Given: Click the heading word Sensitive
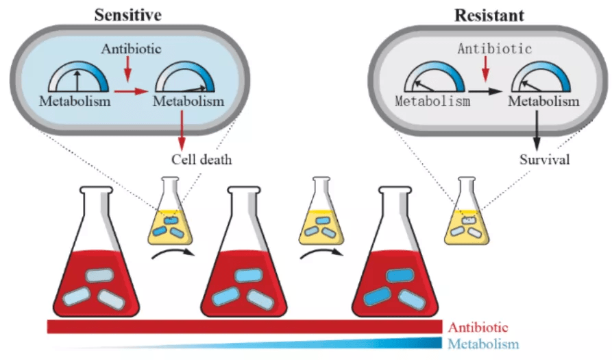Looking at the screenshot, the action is click(127, 15).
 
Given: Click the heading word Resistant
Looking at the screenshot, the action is click(489, 16).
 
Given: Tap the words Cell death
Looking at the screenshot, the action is click(201, 160).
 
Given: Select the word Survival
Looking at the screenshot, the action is click(544, 160).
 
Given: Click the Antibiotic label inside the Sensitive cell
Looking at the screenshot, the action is click(131, 49).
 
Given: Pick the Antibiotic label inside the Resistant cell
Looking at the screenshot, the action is click(495, 49).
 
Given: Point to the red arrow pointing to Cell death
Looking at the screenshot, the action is click(182, 130).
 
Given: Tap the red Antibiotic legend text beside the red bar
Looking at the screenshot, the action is click(478, 327).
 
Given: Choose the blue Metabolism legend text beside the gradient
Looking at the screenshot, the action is click(483, 344).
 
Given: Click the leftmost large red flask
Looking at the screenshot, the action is click(96, 252).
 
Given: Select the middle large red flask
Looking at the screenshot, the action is click(244, 252).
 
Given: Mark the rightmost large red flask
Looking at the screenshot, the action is click(395, 252).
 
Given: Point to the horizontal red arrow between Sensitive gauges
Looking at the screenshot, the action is click(131, 91).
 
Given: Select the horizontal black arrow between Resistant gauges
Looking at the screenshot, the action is click(485, 91).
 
